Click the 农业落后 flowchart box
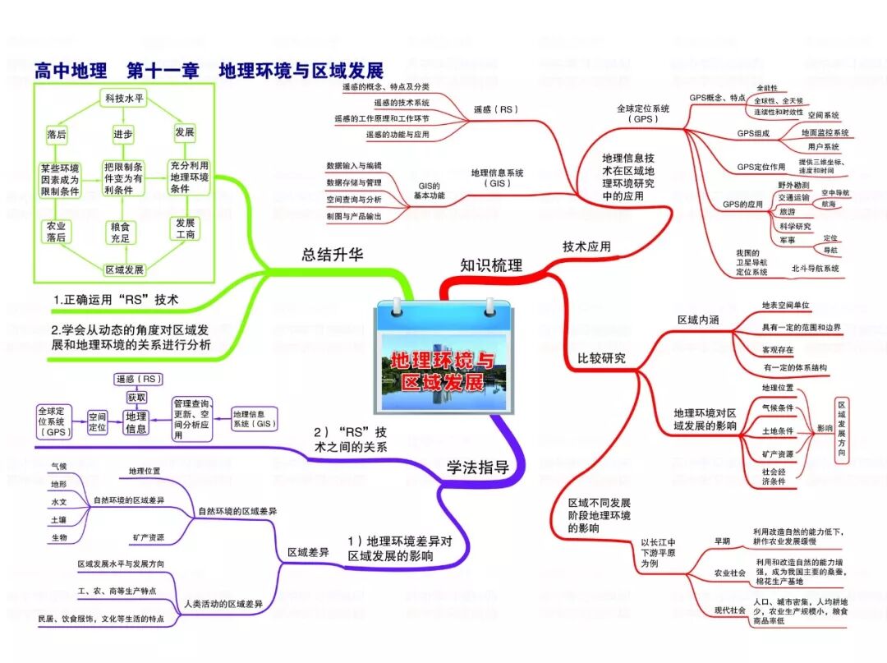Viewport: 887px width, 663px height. point(56,231)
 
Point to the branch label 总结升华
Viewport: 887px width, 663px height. point(332,255)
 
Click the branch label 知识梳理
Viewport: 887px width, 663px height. point(490,265)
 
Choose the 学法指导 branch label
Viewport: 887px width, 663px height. point(477,467)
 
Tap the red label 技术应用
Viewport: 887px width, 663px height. point(586,246)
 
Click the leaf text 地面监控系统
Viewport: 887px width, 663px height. point(825,132)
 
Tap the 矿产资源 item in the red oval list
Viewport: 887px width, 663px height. point(777,454)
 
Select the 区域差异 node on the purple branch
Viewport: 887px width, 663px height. point(308,553)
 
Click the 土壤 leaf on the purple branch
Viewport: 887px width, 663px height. point(58,519)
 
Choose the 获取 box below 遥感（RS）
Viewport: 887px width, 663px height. point(136,397)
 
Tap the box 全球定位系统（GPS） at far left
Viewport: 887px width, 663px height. point(56,420)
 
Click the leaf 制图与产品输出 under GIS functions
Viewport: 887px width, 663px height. point(354,215)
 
